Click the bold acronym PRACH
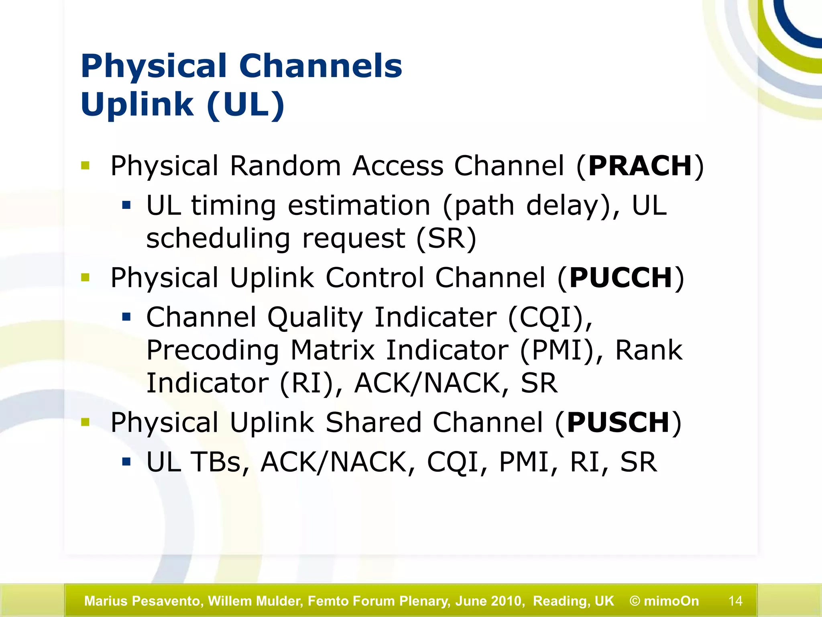coord(640,166)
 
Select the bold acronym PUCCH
coord(621,278)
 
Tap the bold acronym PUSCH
coord(619,423)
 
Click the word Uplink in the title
coord(137,104)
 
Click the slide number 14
coord(735,601)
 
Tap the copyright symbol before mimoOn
coord(635,601)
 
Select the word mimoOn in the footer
coord(671,601)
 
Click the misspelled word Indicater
coord(435,317)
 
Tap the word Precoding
coord(212,350)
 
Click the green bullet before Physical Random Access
coord(85,165)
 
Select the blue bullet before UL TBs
coord(126,462)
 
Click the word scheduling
coord(218,239)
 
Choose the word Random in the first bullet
coord(285,166)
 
